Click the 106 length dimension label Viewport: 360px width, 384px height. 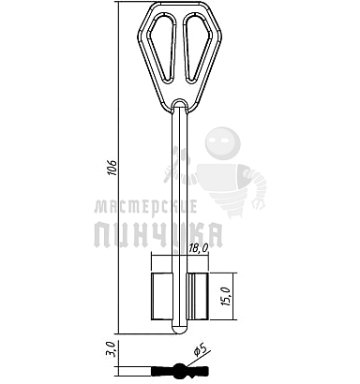(112, 168)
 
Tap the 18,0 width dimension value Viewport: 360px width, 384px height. (199, 248)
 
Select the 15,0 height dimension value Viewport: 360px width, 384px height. (226, 296)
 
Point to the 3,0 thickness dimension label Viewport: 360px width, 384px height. (111, 349)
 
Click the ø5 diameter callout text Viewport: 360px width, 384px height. (200, 349)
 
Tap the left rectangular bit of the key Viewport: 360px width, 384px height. (162, 296)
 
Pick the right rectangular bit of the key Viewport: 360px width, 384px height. (198, 296)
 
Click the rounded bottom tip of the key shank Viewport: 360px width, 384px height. (179, 330)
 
